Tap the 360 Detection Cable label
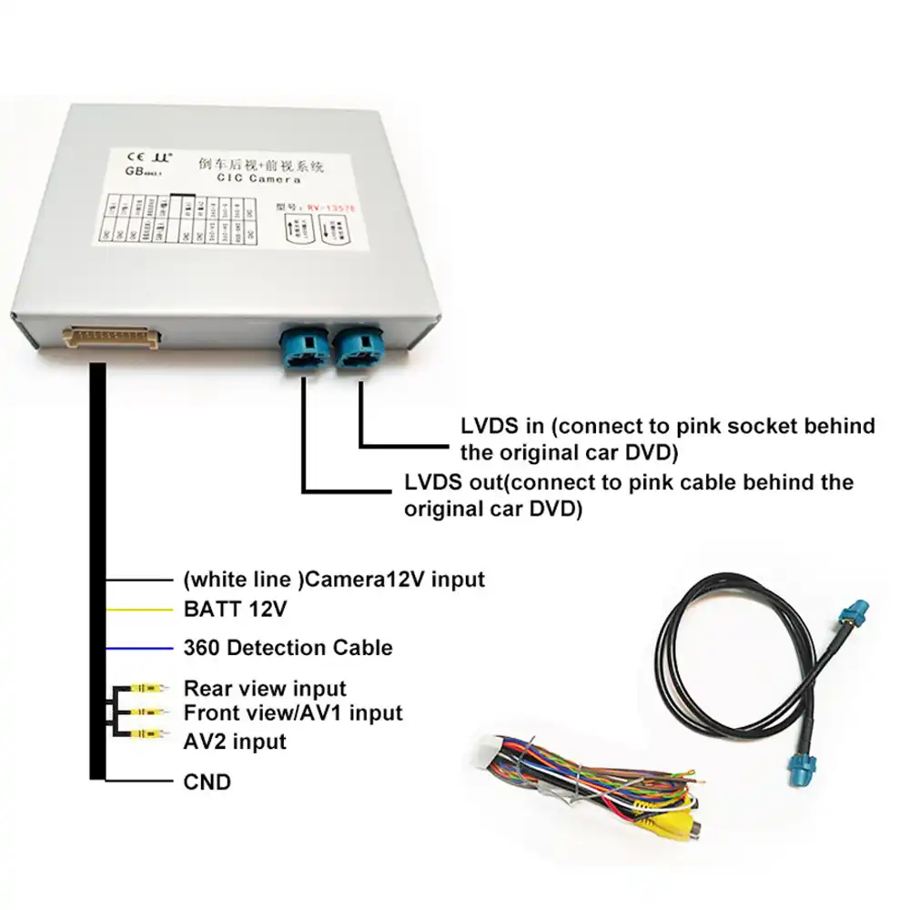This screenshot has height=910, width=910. coord(288,648)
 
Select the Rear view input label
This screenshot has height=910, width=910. coord(265,688)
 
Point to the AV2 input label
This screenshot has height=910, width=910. coord(235,742)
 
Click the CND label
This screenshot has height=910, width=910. coord(207,781)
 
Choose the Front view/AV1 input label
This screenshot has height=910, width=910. coord(292,712)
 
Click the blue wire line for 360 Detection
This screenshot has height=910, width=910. coord(138,648)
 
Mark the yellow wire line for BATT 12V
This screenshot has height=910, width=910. coord(138,611)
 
